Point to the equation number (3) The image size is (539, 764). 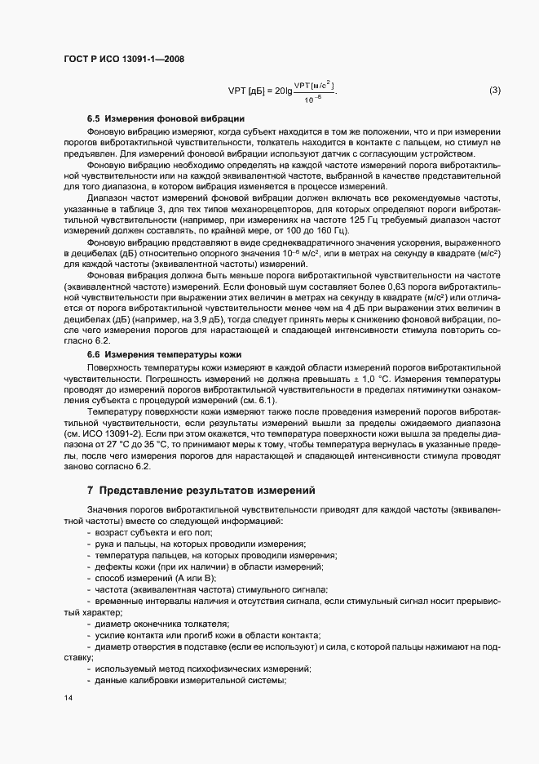(495, 90)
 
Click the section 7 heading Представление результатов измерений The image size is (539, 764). (200, 491)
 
